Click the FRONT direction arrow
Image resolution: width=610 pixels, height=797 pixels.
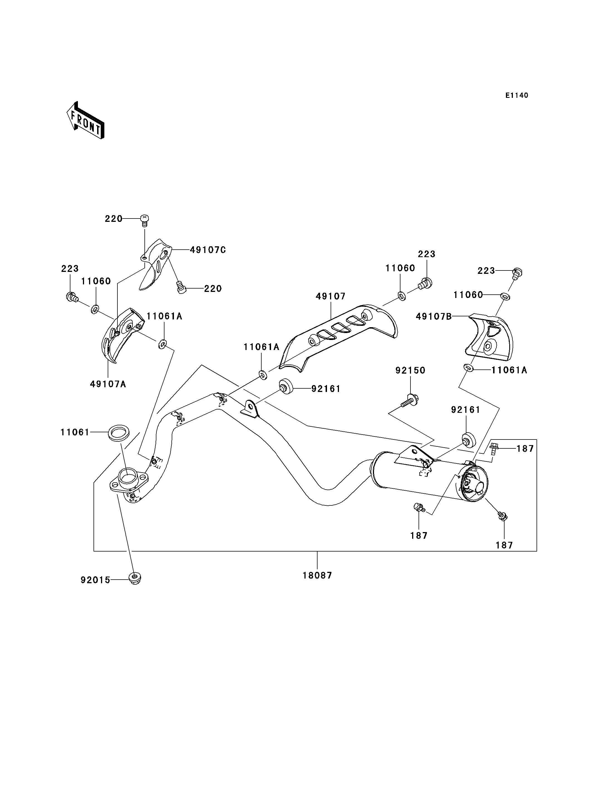point(86,121)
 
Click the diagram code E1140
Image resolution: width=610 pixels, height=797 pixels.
point(517,95)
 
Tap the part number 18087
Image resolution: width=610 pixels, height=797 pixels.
point(317,575)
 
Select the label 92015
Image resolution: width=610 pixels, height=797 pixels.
point(95,580)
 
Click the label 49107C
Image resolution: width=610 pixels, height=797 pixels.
point(208,250)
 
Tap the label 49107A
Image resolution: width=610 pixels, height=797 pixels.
point(108,384)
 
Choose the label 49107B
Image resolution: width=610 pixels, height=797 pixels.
point(434,317)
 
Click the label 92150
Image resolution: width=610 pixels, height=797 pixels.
point(410,370)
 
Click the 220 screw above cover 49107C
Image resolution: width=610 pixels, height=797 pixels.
point(144,220)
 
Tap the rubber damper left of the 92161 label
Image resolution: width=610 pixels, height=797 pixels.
point(286,387)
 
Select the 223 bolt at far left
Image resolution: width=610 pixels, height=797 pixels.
point(72,297)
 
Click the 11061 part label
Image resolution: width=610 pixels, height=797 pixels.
point(75,433)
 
